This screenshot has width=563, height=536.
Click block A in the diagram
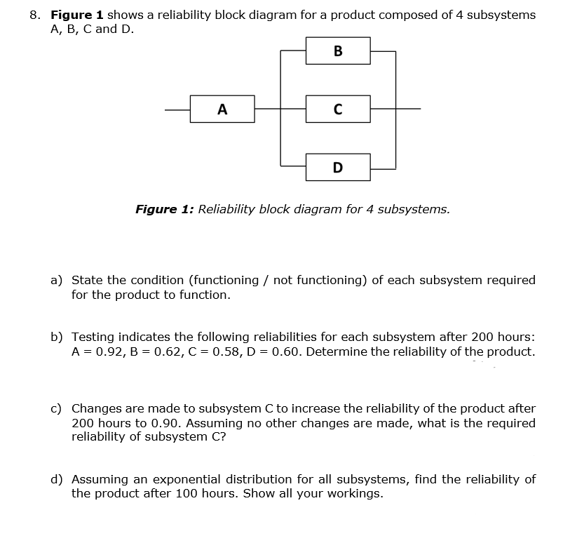pyautogui.click(x=222, y=109)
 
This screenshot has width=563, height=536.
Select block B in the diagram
pyautogui.click(x=338, y=51)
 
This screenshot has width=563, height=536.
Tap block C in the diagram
pyautogui.click(x=338, y=109)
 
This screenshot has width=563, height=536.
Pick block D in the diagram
pyautogui.click(x=338, y=168)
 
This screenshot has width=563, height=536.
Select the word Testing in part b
pyautogui.click(x=94, y=337)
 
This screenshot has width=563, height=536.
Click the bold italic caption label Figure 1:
pyautogui.click(x=165, y=209)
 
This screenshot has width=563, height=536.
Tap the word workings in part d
pyautogui.click(x=355, y=494)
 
